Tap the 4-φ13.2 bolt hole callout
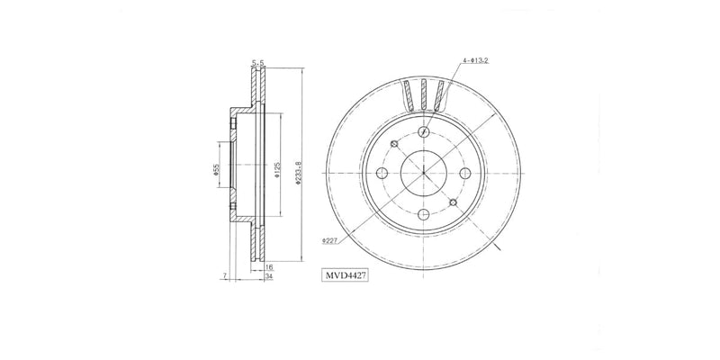click(x=476, y=61)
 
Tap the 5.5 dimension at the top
click(x=258, y=63)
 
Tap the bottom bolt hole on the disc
click(x=423, y=214)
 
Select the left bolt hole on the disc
click(x=382, y=174)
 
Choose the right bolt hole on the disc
click(x=464, y=174)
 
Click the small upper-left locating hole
click(x=394, y=145)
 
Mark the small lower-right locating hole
click(x=452, y=202)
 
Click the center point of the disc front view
click(x=423, y=174)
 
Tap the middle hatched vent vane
click(x=423, y=94)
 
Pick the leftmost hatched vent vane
click(x=409, y=94)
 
